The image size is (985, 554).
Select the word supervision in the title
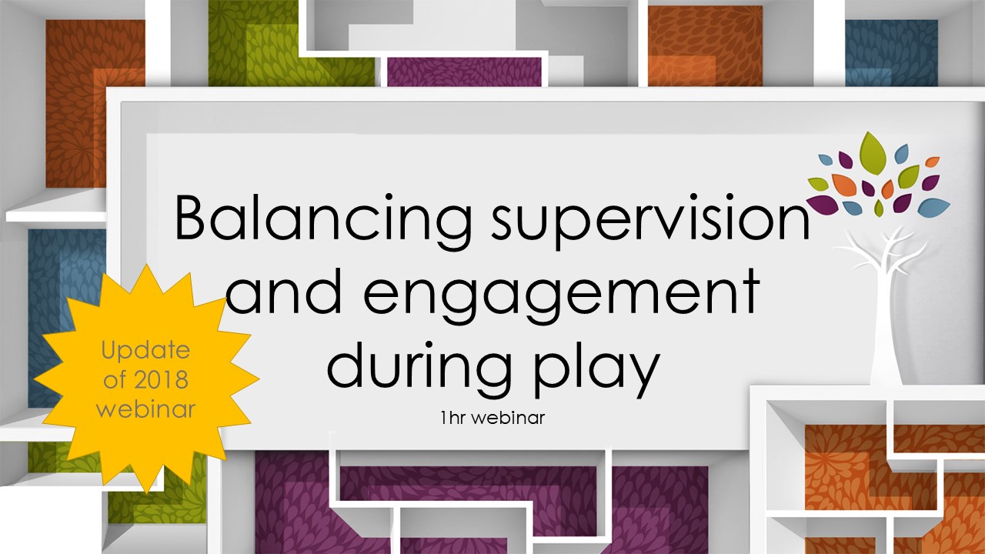coord(650,222)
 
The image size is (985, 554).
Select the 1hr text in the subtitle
coord(455,418)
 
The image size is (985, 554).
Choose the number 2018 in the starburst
coord(161,379)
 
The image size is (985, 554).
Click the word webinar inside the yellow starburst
coord(145,409)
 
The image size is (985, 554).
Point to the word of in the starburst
coord(115,379)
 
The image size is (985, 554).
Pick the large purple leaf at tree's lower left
coord(823,203)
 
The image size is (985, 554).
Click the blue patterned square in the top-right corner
coord(891,53)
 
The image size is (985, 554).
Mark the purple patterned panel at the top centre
coord(464,72)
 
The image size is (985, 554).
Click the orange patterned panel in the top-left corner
coord(95,103)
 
